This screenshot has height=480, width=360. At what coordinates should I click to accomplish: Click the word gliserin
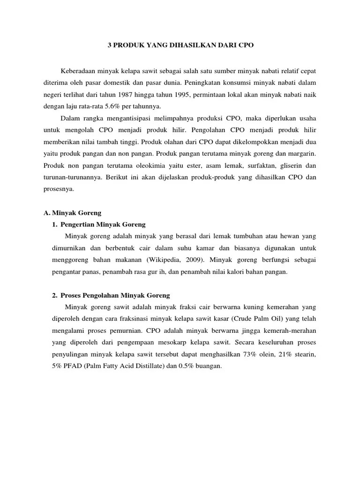pyautogui.click(x=287, y=165)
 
